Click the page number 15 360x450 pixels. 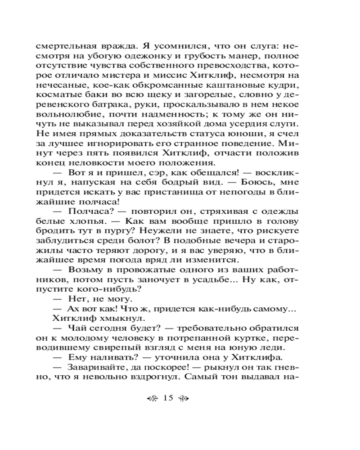coord(168,397)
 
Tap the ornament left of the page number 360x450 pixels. coord(153,398)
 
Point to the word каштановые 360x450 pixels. coord(243,85)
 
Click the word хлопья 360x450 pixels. coord(89,222)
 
